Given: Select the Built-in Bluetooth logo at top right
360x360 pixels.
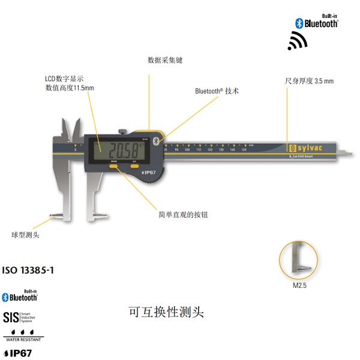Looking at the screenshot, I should [317, 22].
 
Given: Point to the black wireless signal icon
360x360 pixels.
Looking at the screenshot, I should [297, 41].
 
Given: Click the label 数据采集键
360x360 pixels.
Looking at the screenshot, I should [165, 60].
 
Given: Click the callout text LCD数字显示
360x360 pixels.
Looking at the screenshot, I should [64, 79].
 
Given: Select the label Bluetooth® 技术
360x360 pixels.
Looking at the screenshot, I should [217, 91].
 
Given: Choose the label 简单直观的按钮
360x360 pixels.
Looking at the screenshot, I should [184, 214].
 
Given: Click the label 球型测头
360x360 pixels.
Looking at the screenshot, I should [25, 235].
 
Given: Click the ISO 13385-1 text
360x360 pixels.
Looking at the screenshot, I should [28, 271].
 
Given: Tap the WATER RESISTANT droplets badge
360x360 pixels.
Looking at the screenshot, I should [23, 335].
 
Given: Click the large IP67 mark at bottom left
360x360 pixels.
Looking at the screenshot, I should [18, 353].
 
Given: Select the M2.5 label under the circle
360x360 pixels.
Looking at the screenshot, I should [299, 286].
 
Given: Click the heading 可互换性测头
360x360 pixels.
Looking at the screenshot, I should [167, 312].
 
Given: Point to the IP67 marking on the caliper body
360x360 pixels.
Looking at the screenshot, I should [149, 172].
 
